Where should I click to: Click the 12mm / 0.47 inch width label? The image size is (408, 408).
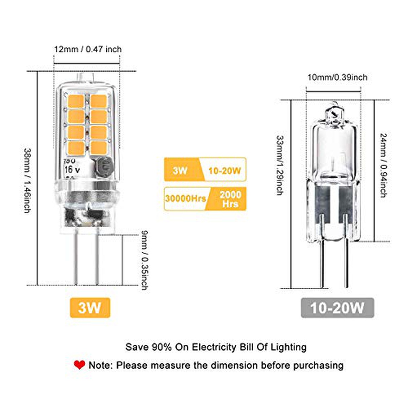click(x=88, y=49)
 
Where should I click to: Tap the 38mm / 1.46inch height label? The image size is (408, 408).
click(x=27, y=180)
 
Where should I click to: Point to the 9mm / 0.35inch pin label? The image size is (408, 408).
click(x=144, y=260)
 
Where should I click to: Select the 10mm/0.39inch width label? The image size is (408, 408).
click(x=337, y=78)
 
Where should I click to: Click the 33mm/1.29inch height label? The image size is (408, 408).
click(x=279, y=165)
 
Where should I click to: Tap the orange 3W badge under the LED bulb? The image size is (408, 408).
click(x=90, y=307)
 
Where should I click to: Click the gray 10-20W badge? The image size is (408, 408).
click(x=337, y=308)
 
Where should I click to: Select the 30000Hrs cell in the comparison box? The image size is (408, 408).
click(x=185, y=198)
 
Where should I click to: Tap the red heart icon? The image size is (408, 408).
click(x=79, y=365)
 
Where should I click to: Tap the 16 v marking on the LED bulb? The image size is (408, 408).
click(x=71, y=169)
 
